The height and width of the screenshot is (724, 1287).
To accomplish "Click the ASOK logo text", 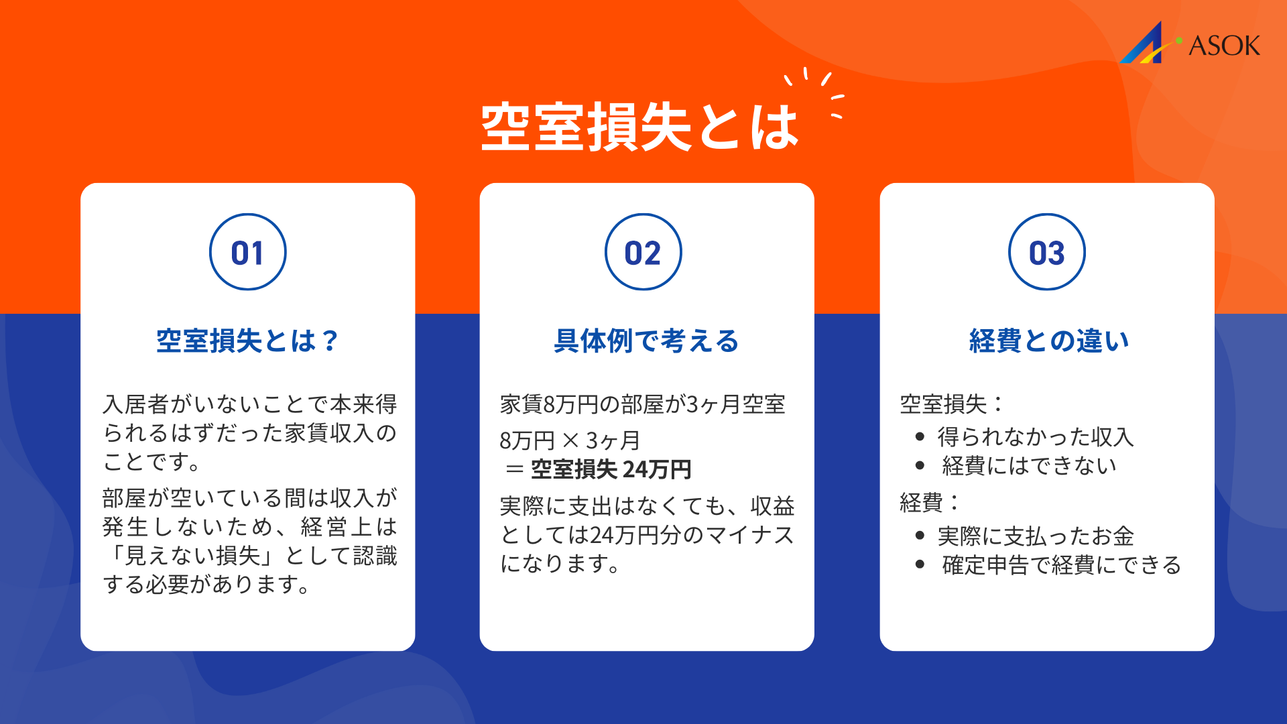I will pyautogui.click(x=1224, y=46).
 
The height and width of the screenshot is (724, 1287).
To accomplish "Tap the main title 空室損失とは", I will pyautogui.click(x=640, y=127).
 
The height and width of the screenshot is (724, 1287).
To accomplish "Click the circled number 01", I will pyautogui.click(x=247, y=253).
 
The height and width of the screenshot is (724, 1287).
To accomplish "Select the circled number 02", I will pyautogui.click(x=643, y=253).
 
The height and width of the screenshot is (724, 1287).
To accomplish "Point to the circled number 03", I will pyautogui.click(x=1046, y=253).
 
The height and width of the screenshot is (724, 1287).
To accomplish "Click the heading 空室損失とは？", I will pyautogui.click(x=247, y=341).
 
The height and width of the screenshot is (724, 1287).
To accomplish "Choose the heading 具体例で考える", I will pyautogui.click(x=646, y=341).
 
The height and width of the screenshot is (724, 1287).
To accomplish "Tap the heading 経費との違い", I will pyautogui.click(x=1049, y=341).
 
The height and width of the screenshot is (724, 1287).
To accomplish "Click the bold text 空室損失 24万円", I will pyautogui.click(x=611, y=469).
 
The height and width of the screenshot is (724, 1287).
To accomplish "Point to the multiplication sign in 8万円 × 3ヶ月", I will pyautogui.click(x=570, y=440).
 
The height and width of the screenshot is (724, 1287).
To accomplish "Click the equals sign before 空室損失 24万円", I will pyautogui.click(x=514, y=469).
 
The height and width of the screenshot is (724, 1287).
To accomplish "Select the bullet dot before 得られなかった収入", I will pyautogui.click(x=920, y=437).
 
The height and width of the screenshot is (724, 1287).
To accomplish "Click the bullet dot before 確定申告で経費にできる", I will pyautogui.click(x=920, y=564).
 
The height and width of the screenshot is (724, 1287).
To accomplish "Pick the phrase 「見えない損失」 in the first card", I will pyautogui.click(x=191, y=556).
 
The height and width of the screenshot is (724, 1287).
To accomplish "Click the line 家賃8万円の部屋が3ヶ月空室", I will pyautogui.click(x=642, y=404).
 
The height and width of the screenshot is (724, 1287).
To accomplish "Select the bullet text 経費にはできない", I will pyautogui.click(x=1029, y=466).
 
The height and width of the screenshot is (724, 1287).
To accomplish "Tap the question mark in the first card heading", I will pyautogui.click(x=330, y=341).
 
